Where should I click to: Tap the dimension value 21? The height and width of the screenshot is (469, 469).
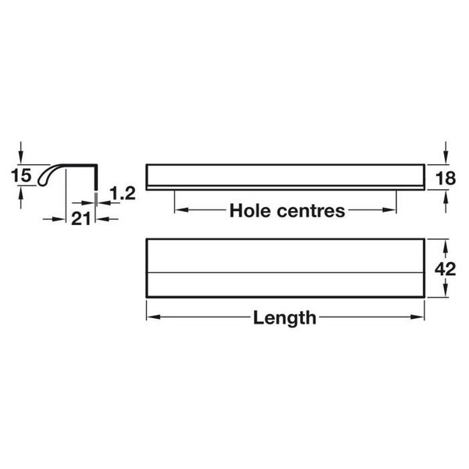coord(81,219)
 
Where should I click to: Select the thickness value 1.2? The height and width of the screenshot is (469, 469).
coord(123,193)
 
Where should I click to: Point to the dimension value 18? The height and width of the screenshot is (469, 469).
coord(445,177)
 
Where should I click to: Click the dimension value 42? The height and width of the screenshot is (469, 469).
coord(445,269)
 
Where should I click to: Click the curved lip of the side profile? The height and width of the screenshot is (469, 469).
coord(48,174)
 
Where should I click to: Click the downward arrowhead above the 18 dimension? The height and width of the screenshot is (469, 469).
coord(445,158)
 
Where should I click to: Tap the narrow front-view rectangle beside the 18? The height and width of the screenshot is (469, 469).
coord(285,174)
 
